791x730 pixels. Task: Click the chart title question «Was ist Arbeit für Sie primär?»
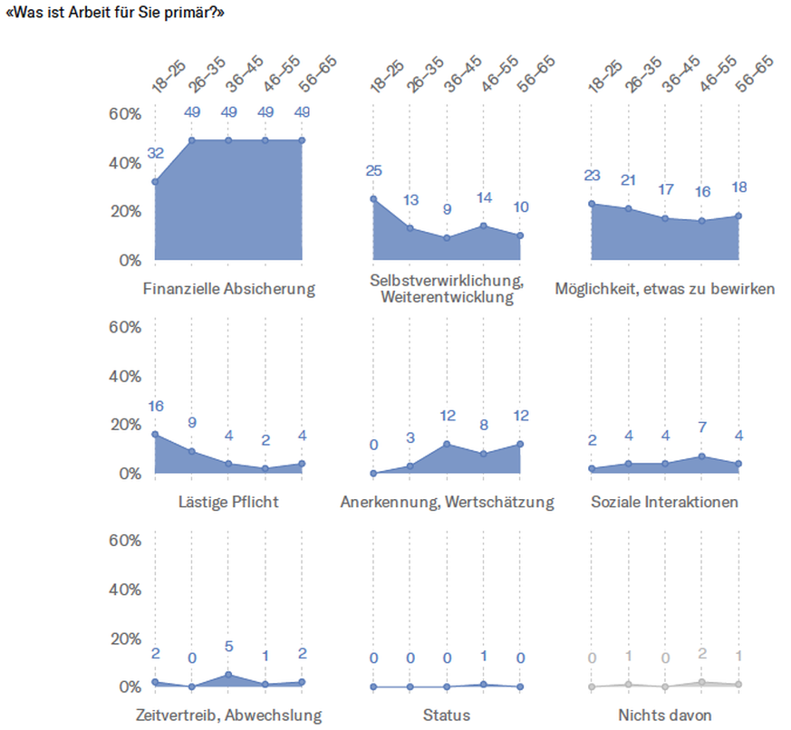point(116,14)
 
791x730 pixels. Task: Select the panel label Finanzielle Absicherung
point(229,290)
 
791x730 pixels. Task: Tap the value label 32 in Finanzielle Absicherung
point(156,153)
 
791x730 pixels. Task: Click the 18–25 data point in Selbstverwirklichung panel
point(373,198)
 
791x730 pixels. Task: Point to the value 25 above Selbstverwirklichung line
point(373,170)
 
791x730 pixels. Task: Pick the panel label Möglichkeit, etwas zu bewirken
point(665,290)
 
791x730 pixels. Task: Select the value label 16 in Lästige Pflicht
point(156,406)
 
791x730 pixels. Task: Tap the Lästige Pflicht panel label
point(228,502)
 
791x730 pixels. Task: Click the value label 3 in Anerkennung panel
point(410,438)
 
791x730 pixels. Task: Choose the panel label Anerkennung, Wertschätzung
point(447,502)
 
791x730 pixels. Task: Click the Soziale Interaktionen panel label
point(665,502)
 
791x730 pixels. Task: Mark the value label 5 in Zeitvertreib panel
point(229,647)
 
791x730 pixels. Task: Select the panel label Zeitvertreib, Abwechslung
point(228,716)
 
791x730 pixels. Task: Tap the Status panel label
point(447,716)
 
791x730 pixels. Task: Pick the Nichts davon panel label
point(665,716)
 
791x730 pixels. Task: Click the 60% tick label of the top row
point(125,114)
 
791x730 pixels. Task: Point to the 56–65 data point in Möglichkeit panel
point(739,216)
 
